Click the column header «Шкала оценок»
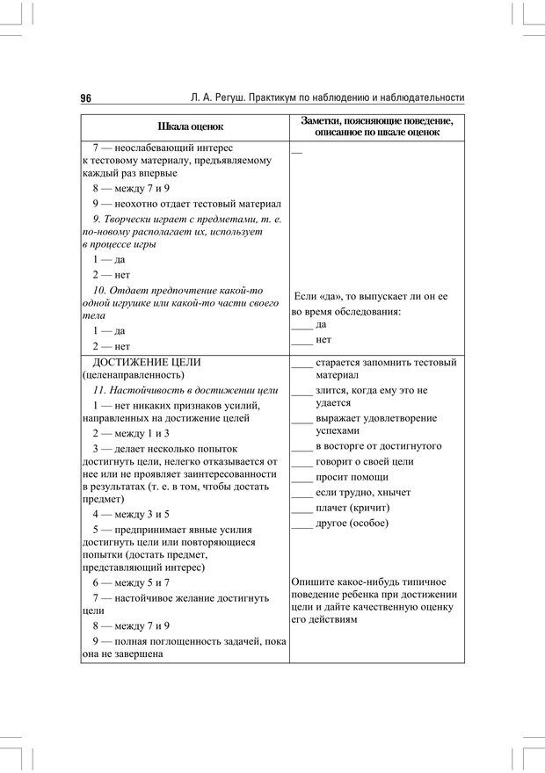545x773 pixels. (x=185, y=126)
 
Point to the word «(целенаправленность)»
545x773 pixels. (x=124, y=375)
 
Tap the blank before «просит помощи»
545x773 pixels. (x=302, y=478)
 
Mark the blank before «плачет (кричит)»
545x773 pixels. (x=302, y=509)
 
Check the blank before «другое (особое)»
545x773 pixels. (x=302, y=524)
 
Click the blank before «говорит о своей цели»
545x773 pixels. (x=302, y=462)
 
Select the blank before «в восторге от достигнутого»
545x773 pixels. (x=302, y=446)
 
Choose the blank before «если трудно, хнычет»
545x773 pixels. (x=302, y=494)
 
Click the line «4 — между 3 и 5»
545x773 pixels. (x=131, y=514)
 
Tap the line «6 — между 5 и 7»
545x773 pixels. (x=131, y=582)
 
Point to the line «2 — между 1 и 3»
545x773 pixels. (x=131, y=434)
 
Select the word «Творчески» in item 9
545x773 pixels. (x=137, y=219)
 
